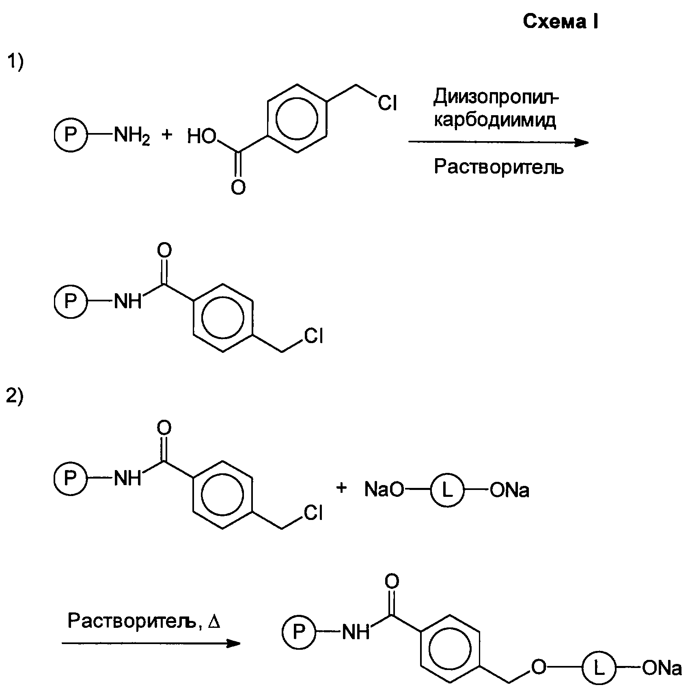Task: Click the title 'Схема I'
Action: [x=560, y=22]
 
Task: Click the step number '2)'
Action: [x=15, y=396]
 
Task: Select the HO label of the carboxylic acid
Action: [x=202, y=137]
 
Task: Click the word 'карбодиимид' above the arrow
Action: [x=495, y=120]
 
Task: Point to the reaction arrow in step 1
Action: [x=498, y=142]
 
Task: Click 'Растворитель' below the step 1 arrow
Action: [x=499, y=166]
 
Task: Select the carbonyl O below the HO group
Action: [x=238, y=187]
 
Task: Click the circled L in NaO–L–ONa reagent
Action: [x=447, y=490]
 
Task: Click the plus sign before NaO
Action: [x=342, y=488]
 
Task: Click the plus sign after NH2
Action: [x=167, y=135]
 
